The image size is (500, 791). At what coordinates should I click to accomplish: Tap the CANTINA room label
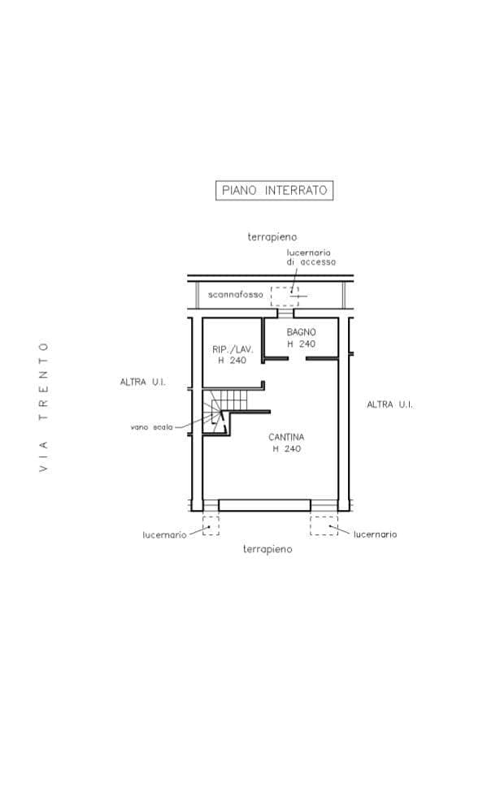pos(286,437)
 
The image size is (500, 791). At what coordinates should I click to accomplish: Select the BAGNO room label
pos(301,332)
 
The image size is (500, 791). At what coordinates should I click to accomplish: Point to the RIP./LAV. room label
pos(233,349)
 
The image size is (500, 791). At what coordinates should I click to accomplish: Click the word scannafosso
pos(235,294)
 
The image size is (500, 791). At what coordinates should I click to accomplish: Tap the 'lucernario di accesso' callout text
pos(311,257)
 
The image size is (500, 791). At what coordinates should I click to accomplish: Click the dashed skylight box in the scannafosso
pos(285,296)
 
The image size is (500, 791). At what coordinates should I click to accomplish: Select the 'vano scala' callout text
pos(151,427)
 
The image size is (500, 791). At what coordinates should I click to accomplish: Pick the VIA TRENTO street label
pos(43,408)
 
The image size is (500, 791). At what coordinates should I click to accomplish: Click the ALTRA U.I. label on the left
pos(142,382)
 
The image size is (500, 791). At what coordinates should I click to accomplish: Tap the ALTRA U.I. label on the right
pos(389,404)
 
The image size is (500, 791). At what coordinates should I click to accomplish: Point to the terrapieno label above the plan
pos(272,236)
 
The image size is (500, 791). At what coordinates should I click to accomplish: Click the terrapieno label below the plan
pos(267,549)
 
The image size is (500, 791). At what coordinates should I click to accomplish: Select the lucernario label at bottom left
pos(165,534)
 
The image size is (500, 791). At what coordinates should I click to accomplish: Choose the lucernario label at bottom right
pos(376,534)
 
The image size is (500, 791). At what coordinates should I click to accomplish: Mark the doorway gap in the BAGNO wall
pos(297,359)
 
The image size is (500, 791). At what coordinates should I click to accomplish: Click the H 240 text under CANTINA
pos(287,448)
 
